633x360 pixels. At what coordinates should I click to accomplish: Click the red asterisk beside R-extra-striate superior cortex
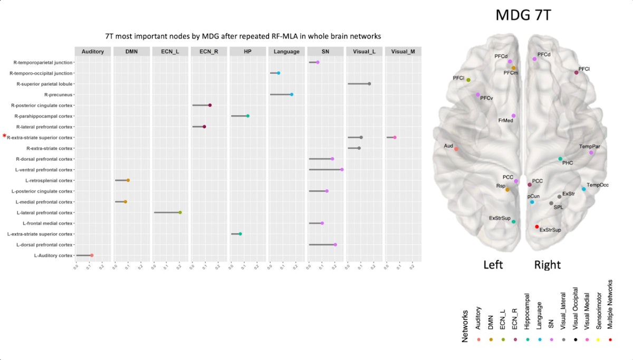(4, 136)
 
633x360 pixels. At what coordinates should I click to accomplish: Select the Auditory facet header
(93, 52)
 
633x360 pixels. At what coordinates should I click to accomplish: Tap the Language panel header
(287, 52)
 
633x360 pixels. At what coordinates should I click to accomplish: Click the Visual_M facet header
(404, 52)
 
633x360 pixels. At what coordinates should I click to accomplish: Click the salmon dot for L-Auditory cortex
(91, 255)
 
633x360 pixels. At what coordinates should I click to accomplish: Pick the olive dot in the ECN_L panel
(180, 213)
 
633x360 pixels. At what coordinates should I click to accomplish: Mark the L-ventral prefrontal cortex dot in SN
(342, 169)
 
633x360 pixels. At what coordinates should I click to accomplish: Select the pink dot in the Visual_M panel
(395, 137)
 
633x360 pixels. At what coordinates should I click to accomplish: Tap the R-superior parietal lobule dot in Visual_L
(369, 84)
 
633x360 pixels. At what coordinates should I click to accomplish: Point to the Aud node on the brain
(456, 149)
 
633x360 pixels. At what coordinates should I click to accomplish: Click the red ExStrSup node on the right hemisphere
(537, 227)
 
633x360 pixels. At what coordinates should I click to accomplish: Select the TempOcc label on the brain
(597, 185)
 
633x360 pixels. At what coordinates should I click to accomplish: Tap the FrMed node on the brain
(513, 116)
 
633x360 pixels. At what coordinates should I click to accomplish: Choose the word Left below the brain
(493, 264)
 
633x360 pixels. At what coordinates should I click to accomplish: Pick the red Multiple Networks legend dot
(610, 339)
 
